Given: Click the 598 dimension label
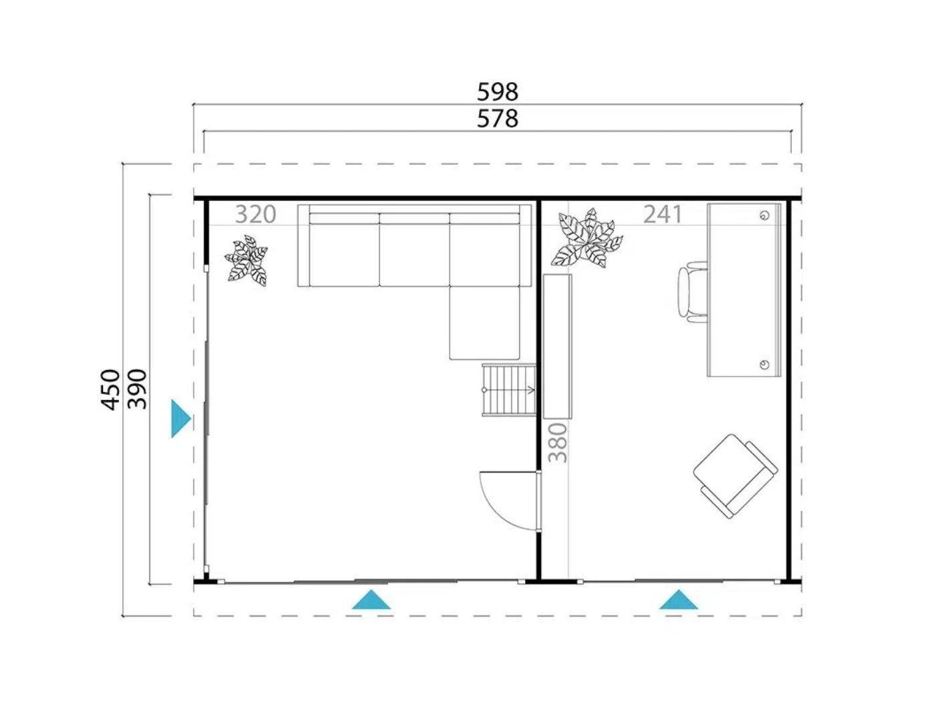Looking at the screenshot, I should pos(498,91).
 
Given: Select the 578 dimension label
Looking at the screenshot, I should pos(498,119).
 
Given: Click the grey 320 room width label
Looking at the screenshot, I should pos(255,214).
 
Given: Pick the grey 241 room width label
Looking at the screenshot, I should pos(663,214).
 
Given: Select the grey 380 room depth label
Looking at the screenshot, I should pos(558,442).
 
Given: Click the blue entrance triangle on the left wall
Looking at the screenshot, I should pos(180,419).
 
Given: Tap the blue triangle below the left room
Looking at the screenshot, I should pos(371,600).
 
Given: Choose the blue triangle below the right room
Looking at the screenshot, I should pos(678,600).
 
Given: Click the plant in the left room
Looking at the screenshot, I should pos(247,261).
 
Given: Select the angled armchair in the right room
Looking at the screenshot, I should pos(734,474).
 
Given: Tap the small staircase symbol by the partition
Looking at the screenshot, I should pos(508,389).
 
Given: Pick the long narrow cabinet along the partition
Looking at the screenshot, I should pos(558,346).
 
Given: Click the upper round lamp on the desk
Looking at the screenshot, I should pos(765,215).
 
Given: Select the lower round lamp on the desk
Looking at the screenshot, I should pos(765,364).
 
